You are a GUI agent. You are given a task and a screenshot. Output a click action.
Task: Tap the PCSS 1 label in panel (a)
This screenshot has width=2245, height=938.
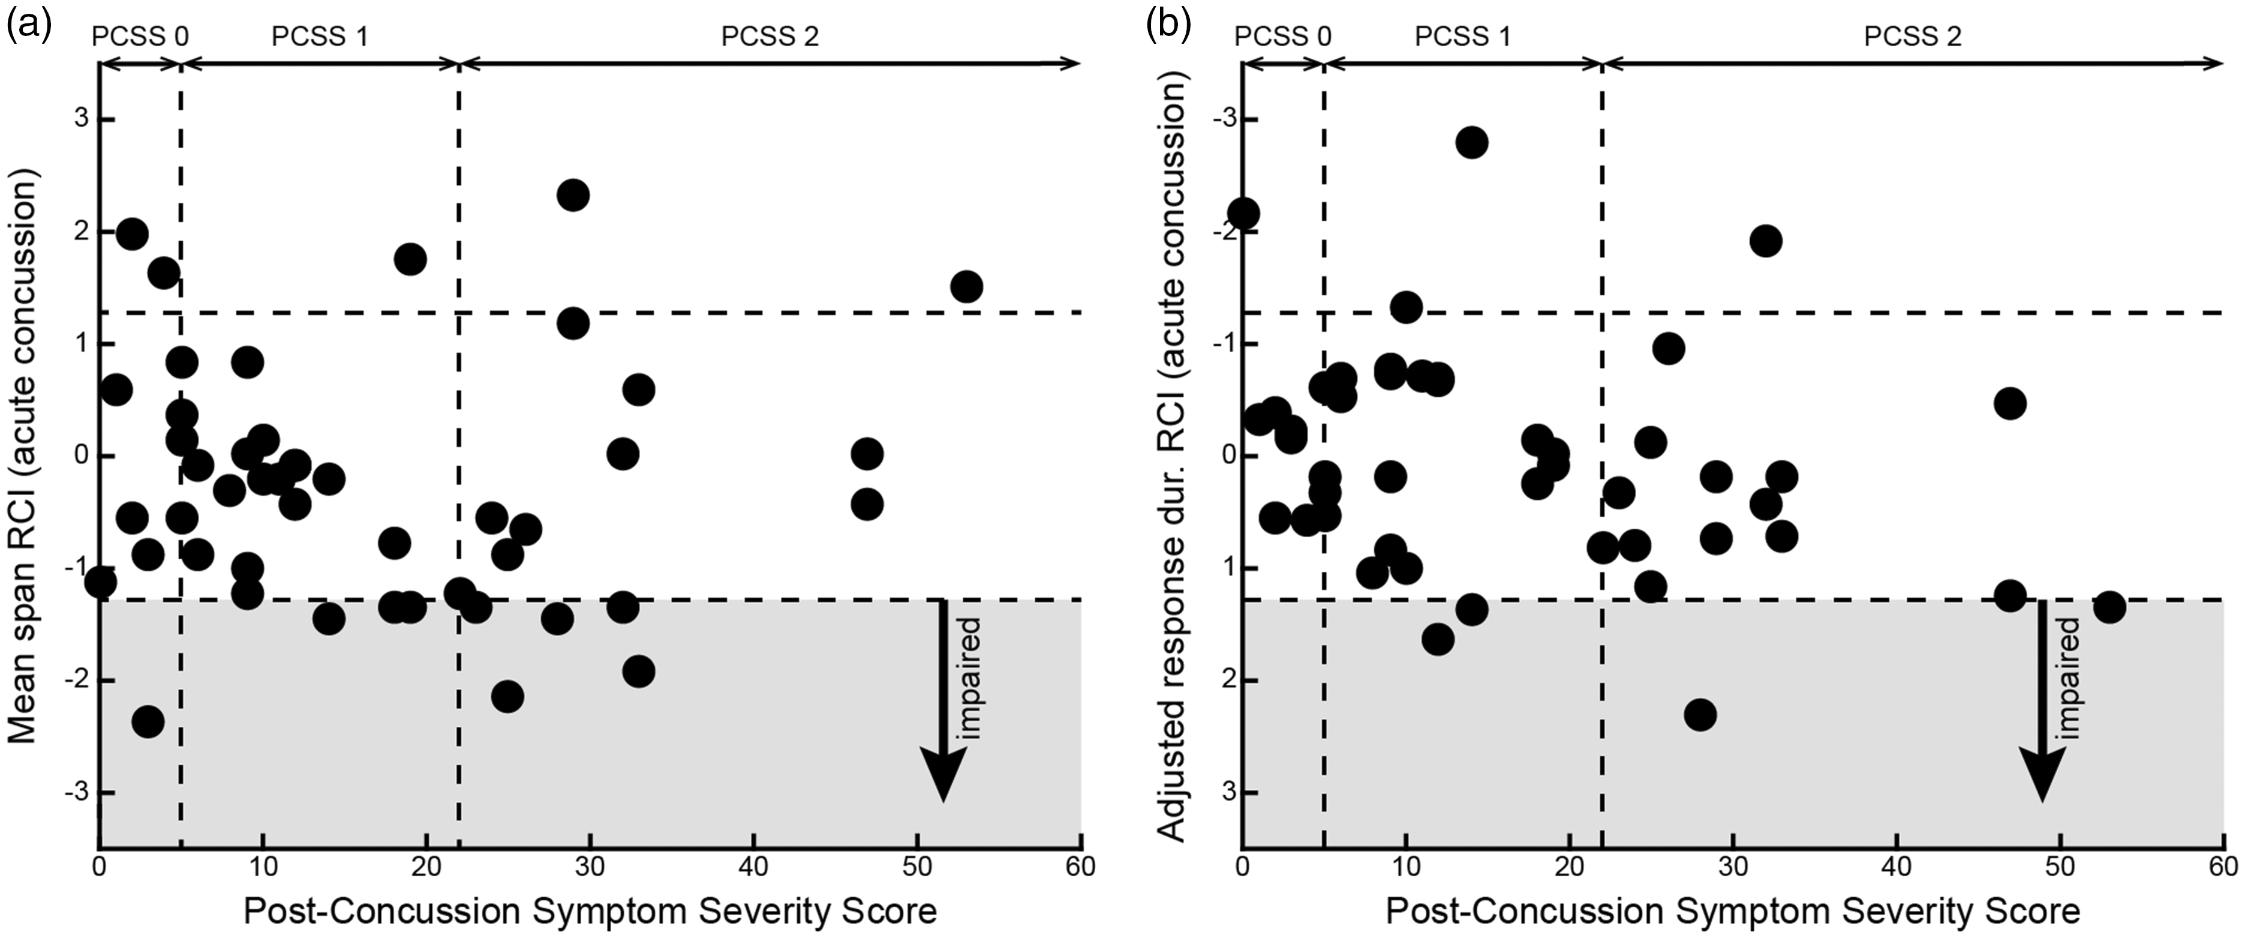(x=320, y=37)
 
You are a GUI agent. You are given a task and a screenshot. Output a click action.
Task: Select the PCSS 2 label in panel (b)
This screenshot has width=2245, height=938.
(x=1913, y=37)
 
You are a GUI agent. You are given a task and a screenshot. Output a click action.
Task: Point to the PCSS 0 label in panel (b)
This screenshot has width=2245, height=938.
(x=1284, y=37)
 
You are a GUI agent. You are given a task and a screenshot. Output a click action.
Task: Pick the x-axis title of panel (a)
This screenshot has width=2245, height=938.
(x=590, y=911)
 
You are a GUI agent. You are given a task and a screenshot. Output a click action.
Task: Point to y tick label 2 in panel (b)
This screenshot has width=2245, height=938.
(x=1219, y=680)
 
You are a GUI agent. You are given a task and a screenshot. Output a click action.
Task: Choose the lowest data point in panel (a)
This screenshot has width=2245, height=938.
(x=148, y=721)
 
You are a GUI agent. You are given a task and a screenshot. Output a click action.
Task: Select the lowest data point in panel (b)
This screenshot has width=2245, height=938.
(x=1700, y=715)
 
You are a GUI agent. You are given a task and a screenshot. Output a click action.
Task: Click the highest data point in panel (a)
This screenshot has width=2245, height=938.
(x=573, y=195)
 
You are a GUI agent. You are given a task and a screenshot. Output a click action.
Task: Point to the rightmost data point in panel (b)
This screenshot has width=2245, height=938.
(x=2109, y=606)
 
